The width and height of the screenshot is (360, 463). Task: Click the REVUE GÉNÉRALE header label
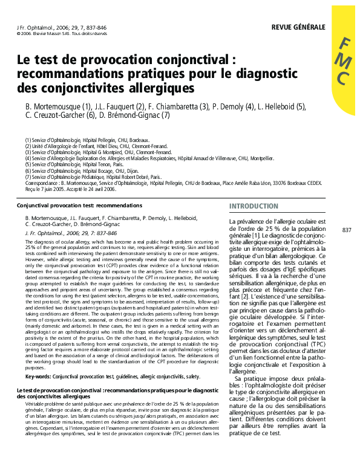[x=298, y=27]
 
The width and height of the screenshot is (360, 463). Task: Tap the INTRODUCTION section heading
[x=254, y=206]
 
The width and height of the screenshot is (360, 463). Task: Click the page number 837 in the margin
[x=347, y=230]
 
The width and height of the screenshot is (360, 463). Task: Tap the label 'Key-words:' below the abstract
[x=38, y=376]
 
